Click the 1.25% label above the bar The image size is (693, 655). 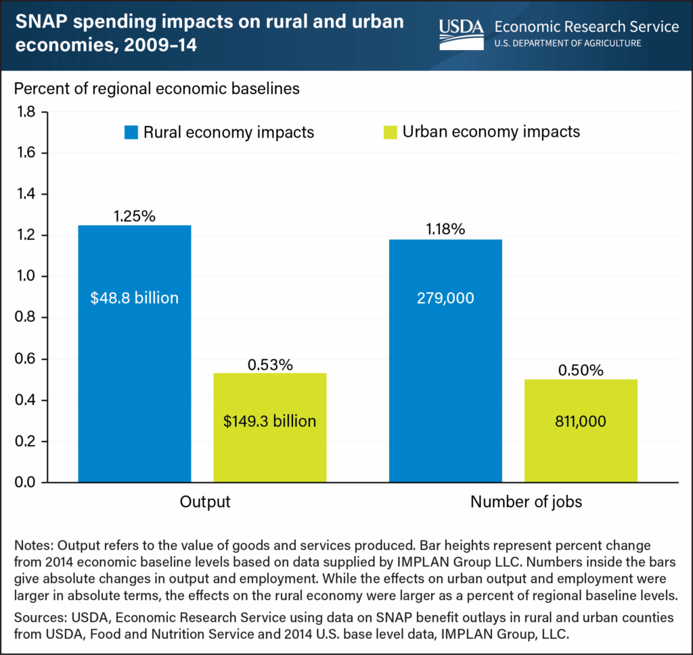[134, 217]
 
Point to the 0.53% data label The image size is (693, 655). [269, 365]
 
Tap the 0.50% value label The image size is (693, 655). [580, 371]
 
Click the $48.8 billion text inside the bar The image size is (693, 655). [134, 298]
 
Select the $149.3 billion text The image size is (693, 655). [269, 421]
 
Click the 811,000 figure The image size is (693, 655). [580, 421]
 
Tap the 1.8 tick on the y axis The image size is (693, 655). [25, 112]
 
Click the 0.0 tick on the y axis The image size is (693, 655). [25, 483]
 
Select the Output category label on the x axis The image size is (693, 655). [205, 503]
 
